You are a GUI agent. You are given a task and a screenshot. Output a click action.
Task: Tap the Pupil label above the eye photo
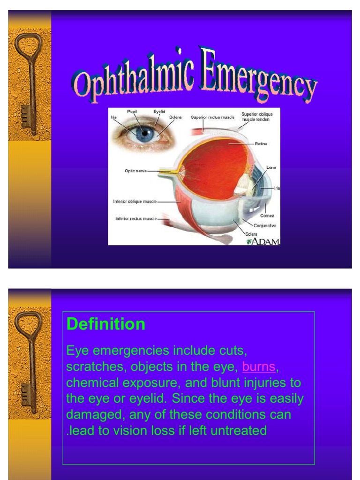(x=132, y=112)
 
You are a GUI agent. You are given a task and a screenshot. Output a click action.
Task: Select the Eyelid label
(x=159, y=112)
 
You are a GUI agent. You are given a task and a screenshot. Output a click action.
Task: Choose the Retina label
(x=261, y=143)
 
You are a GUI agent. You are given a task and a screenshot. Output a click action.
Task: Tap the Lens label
(x=271, y=167)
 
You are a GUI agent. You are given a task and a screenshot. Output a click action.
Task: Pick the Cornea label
(x=267, y=216)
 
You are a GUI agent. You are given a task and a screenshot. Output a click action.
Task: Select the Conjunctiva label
(x=265, y=225)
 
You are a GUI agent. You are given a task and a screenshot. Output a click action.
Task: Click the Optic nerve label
(x=135, y=171)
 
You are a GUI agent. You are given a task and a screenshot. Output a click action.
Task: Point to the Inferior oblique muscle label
(x=135, y=202)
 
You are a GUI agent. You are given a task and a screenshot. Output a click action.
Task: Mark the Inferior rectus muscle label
(x=136, y=218)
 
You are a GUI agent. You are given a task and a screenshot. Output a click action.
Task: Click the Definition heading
(x=106, y=324)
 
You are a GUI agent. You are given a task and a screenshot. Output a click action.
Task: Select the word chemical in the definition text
(x=92, y=382)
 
